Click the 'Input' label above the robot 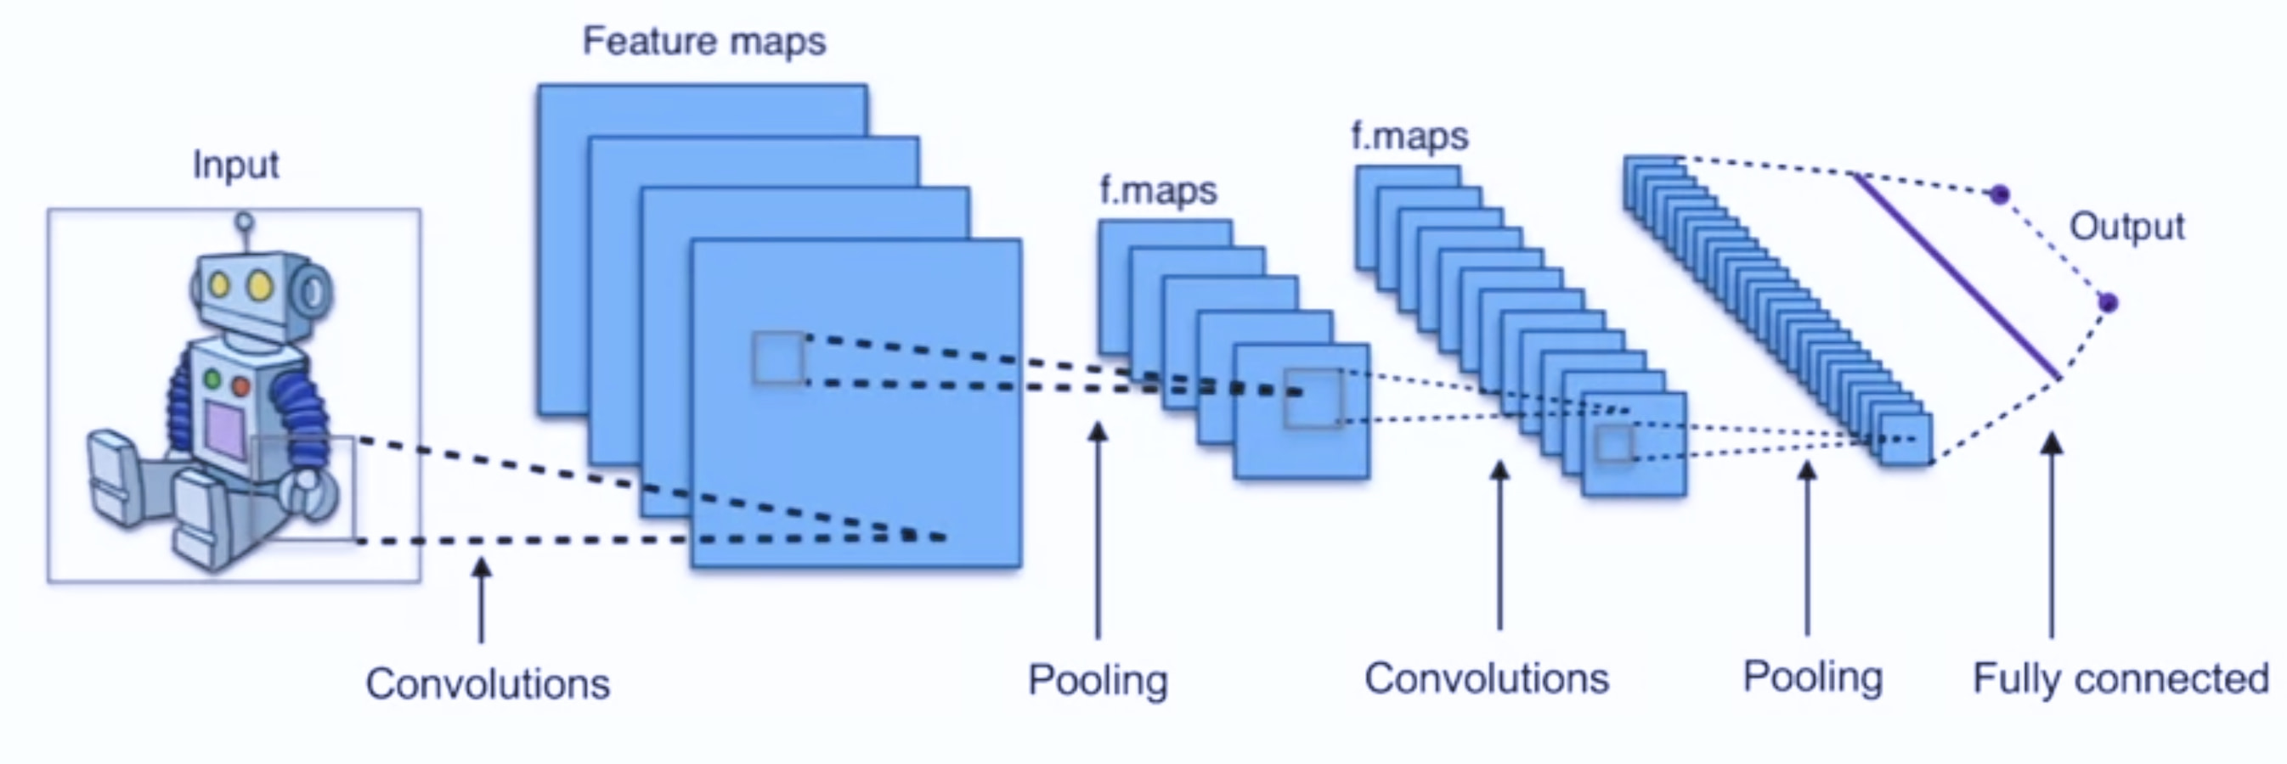[236, 166]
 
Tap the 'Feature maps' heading [704, 42]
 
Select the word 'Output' [2127, 227]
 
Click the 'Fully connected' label [2121, 679]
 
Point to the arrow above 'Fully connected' [2051, 535]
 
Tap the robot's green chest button [212, 379]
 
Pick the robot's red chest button [240, 386]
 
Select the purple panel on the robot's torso [224, 429]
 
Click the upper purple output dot [1999, 194]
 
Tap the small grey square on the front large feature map [778, 357]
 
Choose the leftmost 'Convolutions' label [488, 684]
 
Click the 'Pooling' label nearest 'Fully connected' [1812, 678]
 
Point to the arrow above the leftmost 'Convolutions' [481, 599]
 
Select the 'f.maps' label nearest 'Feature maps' [1159, 191]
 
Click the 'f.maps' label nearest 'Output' [1410, 136]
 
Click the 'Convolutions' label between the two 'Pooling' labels [1487, 679]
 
